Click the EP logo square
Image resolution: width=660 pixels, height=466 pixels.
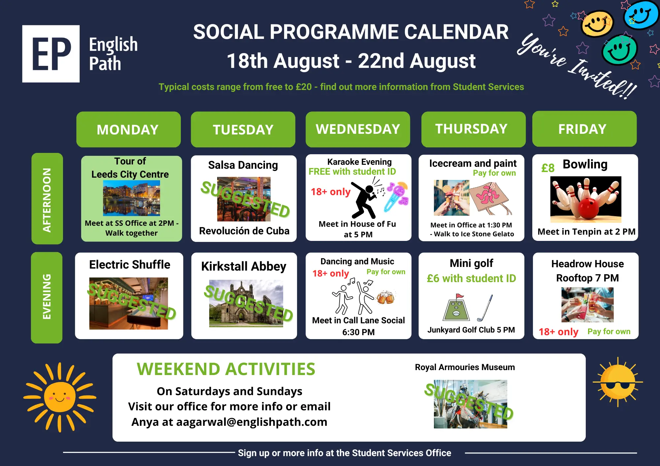pos(51,54)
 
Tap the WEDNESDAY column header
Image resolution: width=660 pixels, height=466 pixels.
pos(358,129)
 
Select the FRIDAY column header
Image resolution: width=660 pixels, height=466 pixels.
pos(584,129)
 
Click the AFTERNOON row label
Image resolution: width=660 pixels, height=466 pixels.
pos(47,198)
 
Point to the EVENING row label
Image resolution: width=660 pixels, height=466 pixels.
pos(47,298)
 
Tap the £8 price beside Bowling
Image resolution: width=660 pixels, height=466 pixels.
pos(548,168)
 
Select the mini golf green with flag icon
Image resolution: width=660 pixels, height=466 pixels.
pos(456,307)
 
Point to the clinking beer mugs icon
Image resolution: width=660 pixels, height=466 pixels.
pos(385,297)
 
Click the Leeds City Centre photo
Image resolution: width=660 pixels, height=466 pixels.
pos(131,198)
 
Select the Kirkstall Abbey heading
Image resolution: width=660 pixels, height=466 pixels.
pos(244,266)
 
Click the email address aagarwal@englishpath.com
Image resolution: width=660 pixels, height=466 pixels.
pos(252,422)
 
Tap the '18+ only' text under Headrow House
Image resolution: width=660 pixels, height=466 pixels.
pos(558,332)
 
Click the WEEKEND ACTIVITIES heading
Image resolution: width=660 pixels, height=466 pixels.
pos(226,369)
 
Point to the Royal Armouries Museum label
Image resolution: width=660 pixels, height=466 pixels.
pos(465,367)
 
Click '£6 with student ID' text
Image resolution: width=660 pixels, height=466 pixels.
pos(471,278)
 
